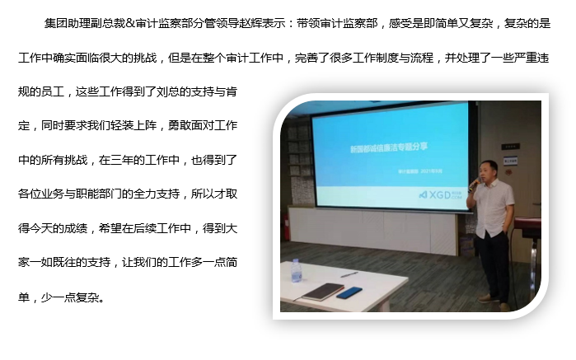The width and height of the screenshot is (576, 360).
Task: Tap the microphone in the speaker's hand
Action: coord(473,182)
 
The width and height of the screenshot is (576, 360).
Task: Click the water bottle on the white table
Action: coord(297,270)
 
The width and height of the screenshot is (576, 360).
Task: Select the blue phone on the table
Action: coord(349,292)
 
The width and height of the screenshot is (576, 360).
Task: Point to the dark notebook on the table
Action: coord(322,291)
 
